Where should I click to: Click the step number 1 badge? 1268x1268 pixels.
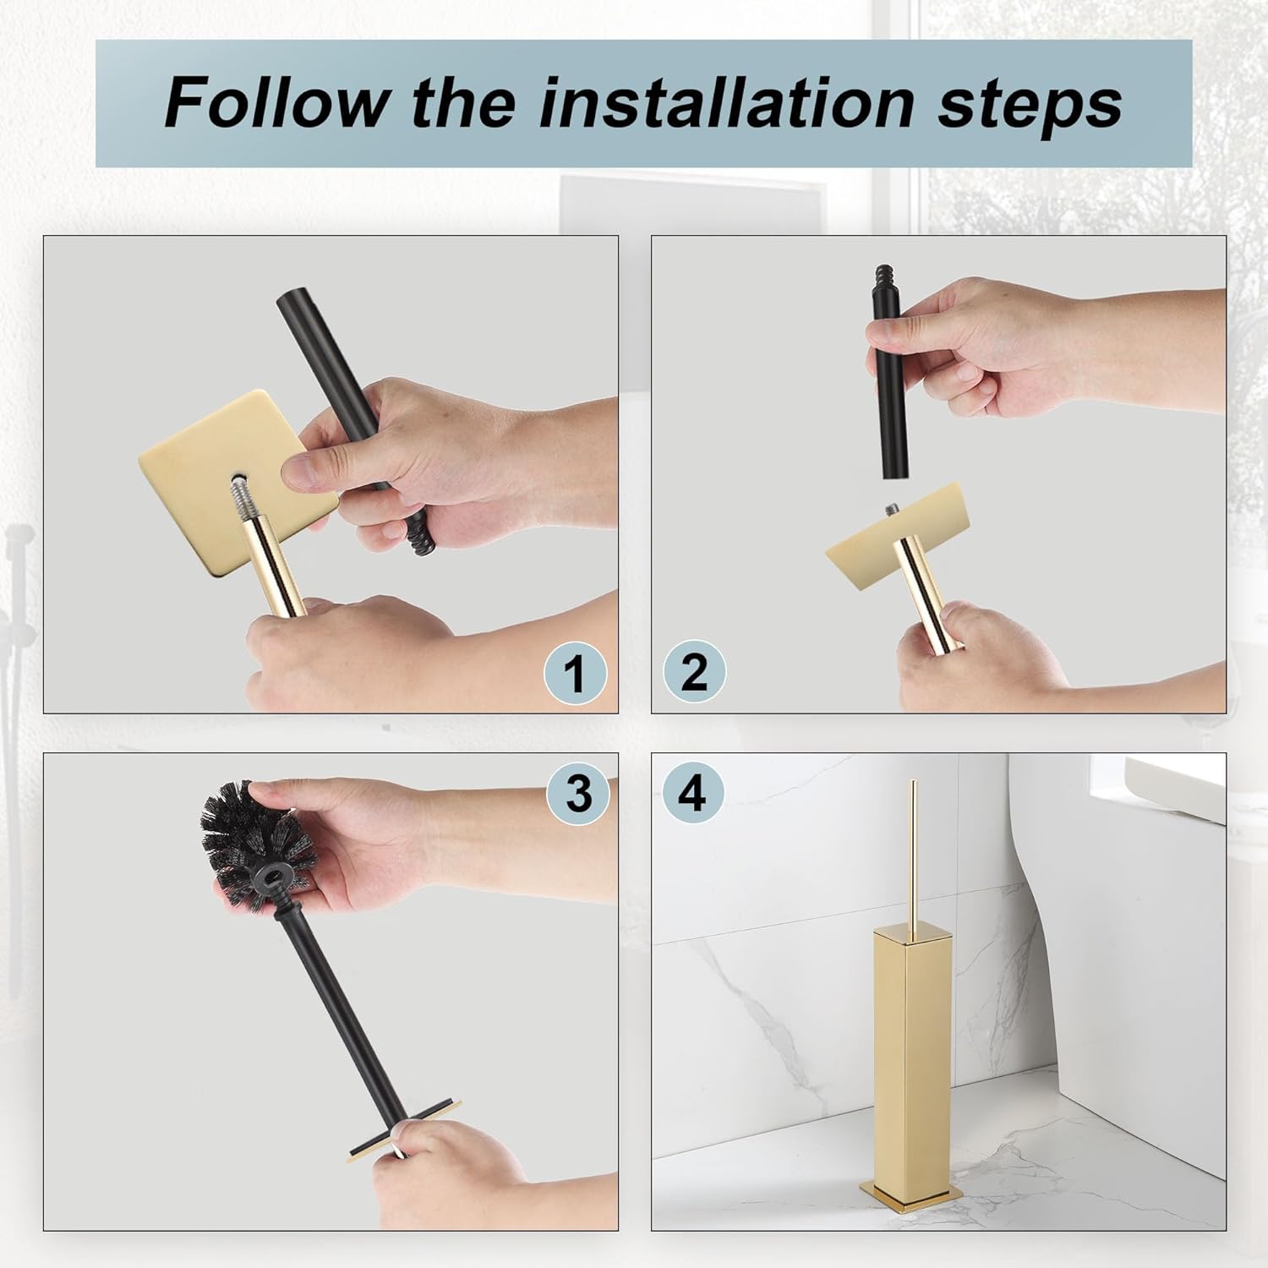click(576, 673)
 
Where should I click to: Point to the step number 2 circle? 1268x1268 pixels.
click(694, 671)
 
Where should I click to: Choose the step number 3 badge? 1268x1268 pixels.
click(578, 794)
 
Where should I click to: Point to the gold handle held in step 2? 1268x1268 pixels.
click(930, 591)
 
